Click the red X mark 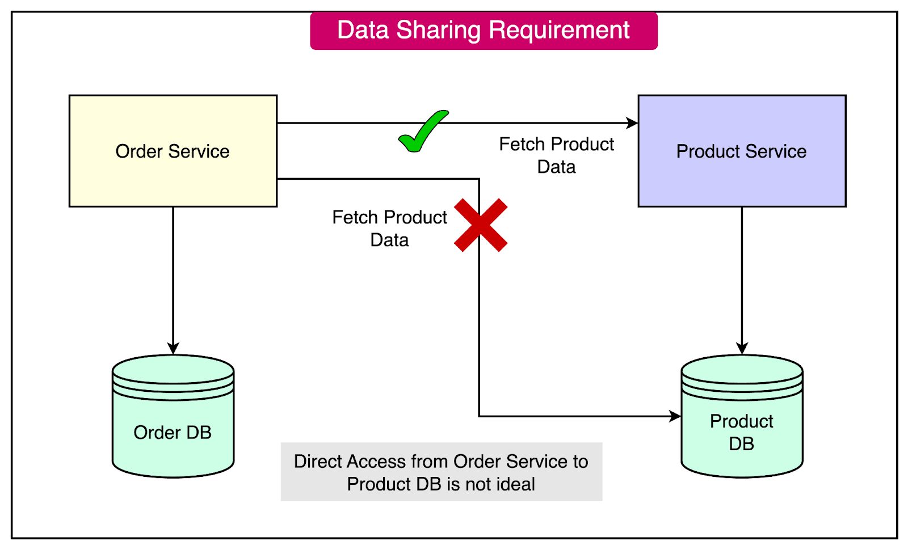click(x=481, y=225)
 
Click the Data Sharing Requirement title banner click(x=484, y=31)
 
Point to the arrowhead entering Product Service click(x=632, y=122)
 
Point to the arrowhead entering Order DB click(x=173, y=348)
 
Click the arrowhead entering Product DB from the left click(x=675, y=416)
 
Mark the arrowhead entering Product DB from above click(x=742, y=348)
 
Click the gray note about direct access click(x=441, y=472)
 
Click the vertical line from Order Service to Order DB click(x=173, y=272)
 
